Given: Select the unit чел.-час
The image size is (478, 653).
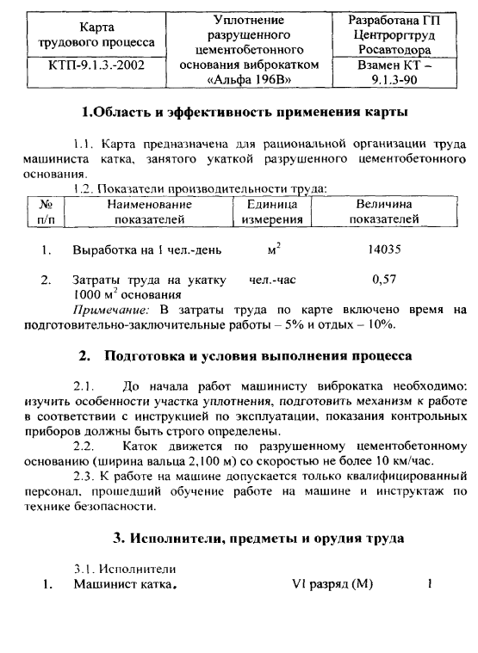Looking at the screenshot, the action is click(x=272, y=280).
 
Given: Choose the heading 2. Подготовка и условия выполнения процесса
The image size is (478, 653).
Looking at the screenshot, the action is click(x=245, y=355).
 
